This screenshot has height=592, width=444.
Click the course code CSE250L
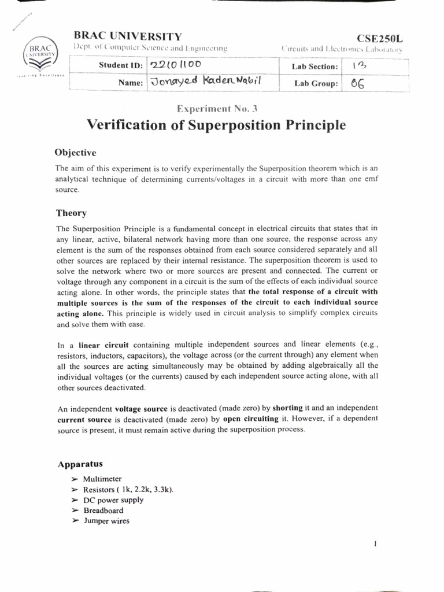point(380,39)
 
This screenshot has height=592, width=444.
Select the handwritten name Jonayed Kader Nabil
point(205,82)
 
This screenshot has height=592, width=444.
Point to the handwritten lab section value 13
point(358,66)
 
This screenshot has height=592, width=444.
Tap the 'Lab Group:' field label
point(316,84)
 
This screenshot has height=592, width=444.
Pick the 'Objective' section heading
point(75,153)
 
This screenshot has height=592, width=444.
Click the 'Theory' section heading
point(71,213)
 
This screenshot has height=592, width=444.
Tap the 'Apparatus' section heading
point(80,464)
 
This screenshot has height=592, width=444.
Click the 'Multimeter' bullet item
point(102,479)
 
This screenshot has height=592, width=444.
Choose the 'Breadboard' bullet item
point(103,510)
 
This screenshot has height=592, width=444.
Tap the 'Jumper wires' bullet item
point(106,521)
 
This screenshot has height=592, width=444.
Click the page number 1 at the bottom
point(375,543)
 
